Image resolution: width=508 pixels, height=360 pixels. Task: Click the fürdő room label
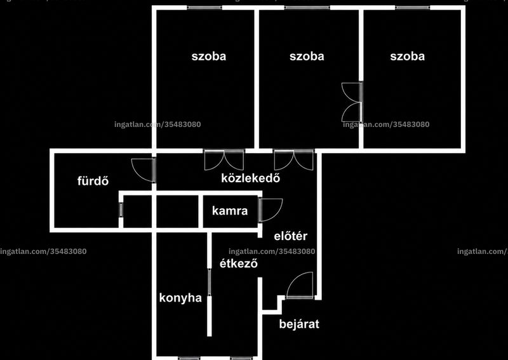93,181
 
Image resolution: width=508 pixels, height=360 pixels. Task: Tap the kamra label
230,211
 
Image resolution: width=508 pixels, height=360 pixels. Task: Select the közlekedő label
250,178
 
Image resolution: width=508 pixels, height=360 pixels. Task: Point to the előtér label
290,236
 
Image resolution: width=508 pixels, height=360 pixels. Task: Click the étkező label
239,263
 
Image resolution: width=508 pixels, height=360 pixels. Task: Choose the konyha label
180,298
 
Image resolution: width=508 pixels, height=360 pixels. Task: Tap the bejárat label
299,324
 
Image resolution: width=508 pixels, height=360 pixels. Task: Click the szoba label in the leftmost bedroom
209,57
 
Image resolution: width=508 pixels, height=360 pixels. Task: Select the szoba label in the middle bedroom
307,57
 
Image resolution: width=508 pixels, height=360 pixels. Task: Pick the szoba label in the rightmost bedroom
407,57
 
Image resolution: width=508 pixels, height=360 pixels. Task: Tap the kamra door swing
271,210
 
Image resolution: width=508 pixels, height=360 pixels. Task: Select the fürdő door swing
144,170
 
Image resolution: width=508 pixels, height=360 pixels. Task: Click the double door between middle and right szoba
352,102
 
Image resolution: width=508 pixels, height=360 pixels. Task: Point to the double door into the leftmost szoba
224,160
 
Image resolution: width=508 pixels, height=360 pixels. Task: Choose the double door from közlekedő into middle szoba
293,160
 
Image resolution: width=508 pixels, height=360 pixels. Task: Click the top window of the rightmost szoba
412,8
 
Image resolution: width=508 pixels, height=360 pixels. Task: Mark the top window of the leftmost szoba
204,8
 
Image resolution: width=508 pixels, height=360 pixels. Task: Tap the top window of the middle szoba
307,8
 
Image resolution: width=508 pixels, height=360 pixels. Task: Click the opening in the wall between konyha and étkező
210,282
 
